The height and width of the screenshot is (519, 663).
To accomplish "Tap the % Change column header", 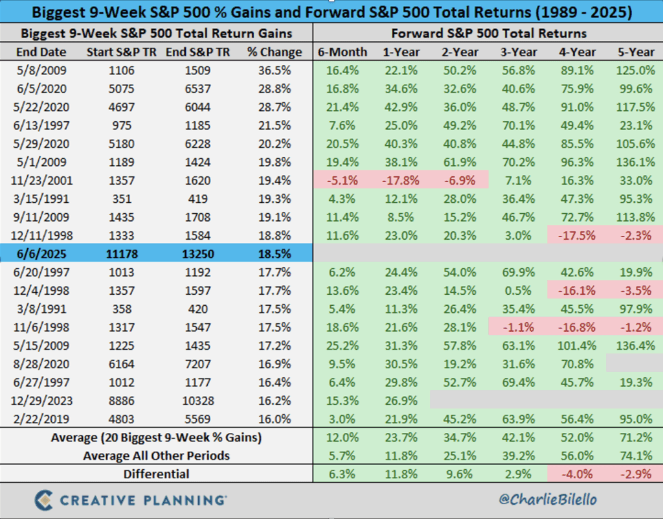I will click(x=275, y=52).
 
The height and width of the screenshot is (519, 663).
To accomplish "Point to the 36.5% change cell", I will click(x=275, y=70).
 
